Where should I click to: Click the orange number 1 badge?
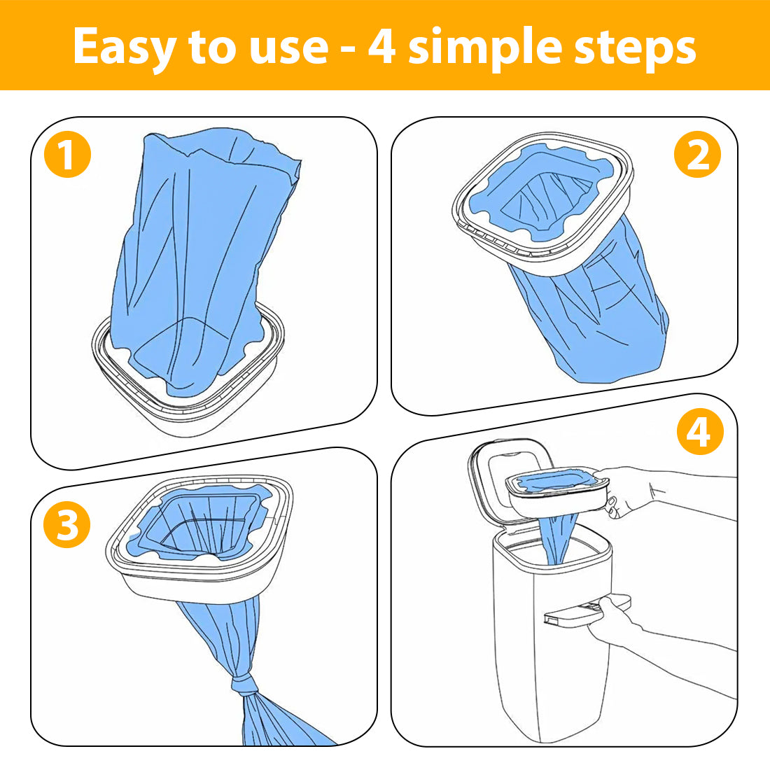[67, 155]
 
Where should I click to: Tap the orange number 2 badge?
[697, 154]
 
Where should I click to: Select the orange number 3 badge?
[66, 524]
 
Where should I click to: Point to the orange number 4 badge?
[700, 432]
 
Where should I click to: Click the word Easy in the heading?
[125, 48]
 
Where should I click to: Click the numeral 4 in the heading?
[382, 47]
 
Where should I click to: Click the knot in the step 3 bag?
[243, 683]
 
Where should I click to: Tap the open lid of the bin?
[511, 479]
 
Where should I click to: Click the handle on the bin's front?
[587, 610]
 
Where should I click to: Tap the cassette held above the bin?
[557, 491]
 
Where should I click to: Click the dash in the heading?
[348, 51]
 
